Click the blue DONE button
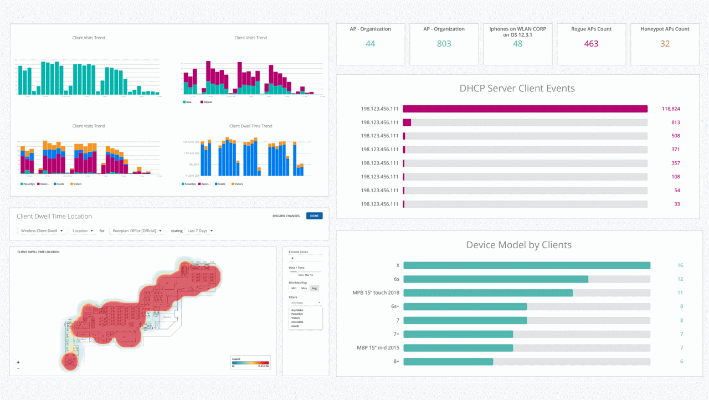314,216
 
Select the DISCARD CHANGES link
286,216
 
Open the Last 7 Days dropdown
200,231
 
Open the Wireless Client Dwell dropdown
42,231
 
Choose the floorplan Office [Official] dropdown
137,231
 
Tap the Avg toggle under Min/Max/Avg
314,289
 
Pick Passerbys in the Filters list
297,314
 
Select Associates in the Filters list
297,322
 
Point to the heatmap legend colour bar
250,362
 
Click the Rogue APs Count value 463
591,44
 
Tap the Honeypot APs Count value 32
665,44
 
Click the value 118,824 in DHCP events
670,109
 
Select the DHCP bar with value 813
407,122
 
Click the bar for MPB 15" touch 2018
488,293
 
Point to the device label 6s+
395,306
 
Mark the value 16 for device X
680,265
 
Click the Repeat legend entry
206,102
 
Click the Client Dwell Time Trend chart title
250,126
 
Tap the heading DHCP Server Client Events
517,89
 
